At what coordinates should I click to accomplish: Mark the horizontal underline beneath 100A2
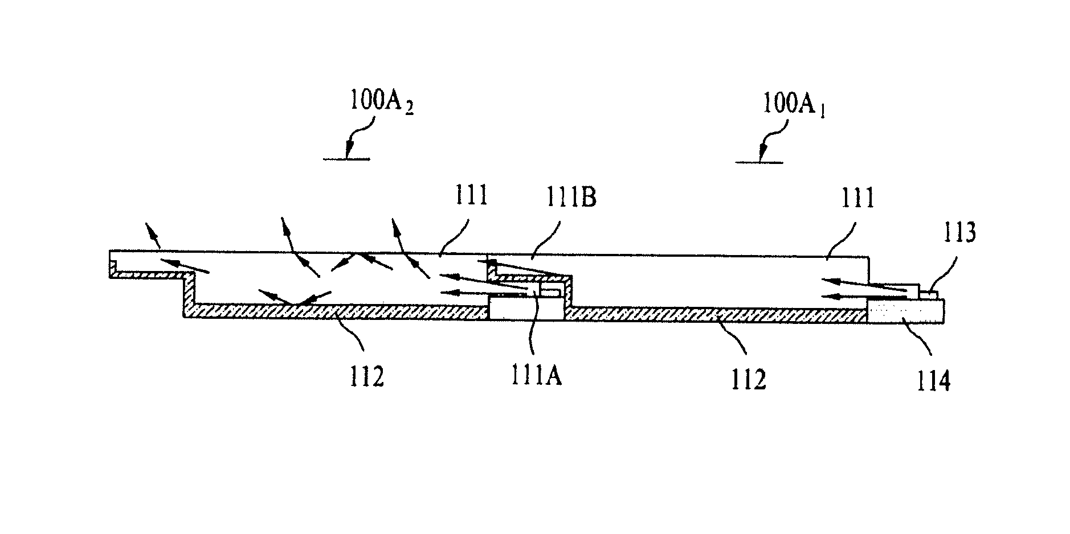coord(346,159)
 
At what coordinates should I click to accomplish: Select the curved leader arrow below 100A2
coord(359,134)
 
